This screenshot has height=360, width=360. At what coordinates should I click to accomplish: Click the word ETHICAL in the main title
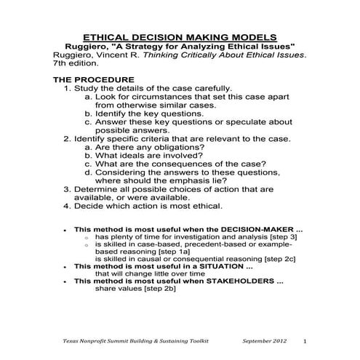point(109,36)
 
